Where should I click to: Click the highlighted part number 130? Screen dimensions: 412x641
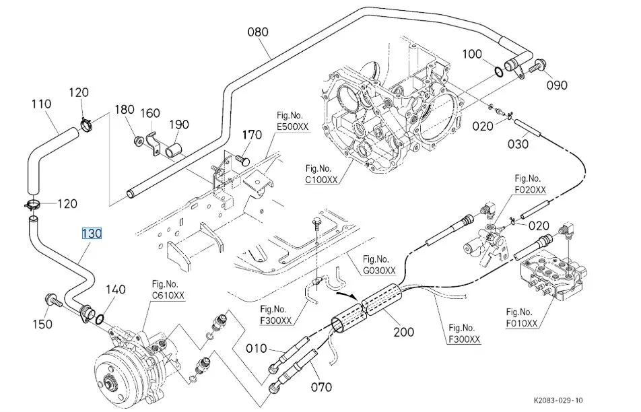click(92, 234)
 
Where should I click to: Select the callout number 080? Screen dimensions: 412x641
click(258, 32)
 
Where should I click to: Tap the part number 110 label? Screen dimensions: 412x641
click(42, 104)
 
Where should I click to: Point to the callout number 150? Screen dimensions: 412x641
click(42, 324)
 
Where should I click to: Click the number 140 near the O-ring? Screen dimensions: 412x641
click(116, 289)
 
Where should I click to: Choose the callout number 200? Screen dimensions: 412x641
click(404, 332)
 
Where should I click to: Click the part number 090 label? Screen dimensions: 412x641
click(557, 85)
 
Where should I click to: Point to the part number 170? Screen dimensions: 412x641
click(252, 135)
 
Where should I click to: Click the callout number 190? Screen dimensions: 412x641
click(179, 125)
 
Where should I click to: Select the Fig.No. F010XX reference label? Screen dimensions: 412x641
click(522, 318)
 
